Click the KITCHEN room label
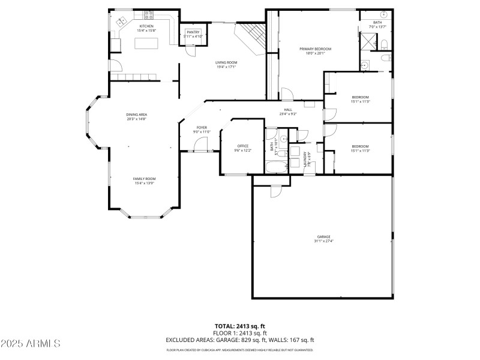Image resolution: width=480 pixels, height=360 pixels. tap(146, 26)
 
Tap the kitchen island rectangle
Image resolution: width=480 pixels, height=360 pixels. tap(145, 43)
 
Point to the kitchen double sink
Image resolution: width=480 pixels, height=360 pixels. tap(120, 22)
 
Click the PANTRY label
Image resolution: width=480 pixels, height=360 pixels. tap(193, 32)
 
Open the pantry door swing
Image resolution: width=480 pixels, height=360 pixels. tap(189, 50)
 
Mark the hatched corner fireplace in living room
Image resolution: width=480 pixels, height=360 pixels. tap(250, 38)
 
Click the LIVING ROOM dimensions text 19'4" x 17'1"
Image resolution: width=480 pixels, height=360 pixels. tap(226, 67)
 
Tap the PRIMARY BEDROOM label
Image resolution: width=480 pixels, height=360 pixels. tap(315, 49)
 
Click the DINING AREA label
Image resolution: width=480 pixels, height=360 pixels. tap(136, 115)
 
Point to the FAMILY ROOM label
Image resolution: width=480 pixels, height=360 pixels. tap(144, 179)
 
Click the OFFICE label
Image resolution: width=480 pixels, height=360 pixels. tap(242, 146)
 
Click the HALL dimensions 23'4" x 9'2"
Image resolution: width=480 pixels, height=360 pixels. tap(288, 113)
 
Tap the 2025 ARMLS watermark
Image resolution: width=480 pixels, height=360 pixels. tap(31, 344)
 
